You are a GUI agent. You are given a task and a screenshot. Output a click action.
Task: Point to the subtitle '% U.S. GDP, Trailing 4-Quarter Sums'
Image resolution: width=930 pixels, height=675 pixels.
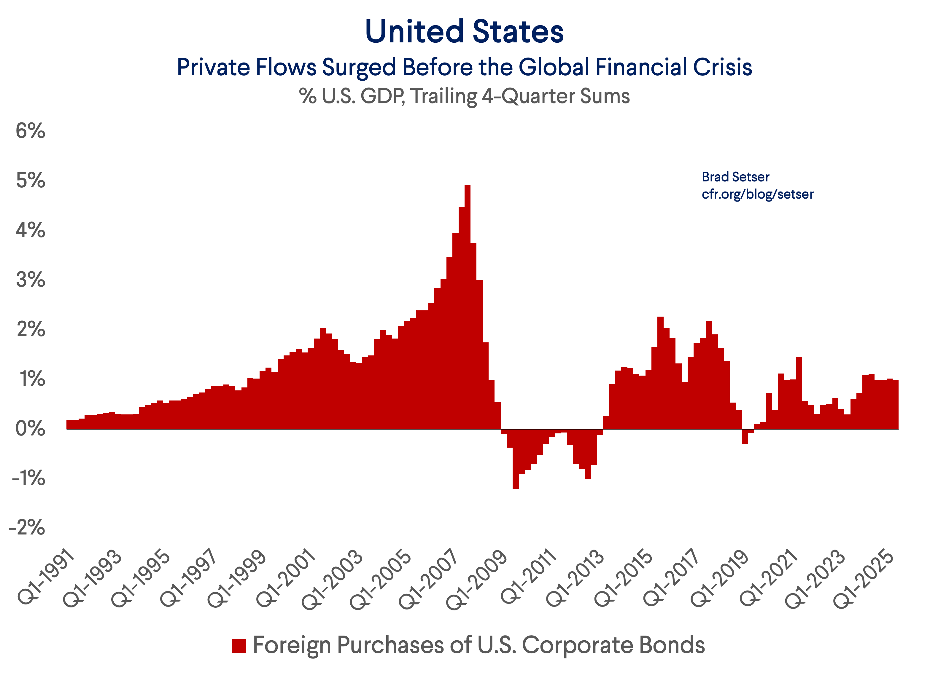[464, 96]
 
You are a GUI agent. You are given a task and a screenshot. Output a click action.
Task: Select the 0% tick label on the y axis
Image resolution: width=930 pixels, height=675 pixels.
[30, 429]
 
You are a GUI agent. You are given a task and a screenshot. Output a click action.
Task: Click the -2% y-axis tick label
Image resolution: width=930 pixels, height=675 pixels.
[27, 528]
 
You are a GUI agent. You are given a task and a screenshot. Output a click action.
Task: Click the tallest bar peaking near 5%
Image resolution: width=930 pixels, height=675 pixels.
[468, 307]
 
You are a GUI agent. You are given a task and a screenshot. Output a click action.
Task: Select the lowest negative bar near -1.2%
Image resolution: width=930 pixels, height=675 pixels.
[516, 459]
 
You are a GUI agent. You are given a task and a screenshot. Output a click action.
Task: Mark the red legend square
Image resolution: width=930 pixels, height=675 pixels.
[239, 645]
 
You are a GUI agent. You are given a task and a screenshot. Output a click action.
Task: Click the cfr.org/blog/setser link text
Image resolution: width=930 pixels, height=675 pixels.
[757, 194]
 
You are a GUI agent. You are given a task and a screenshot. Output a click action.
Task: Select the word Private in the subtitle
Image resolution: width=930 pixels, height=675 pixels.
[213, 68]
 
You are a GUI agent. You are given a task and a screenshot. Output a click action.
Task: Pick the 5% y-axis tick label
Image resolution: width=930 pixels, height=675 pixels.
[30, 181]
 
